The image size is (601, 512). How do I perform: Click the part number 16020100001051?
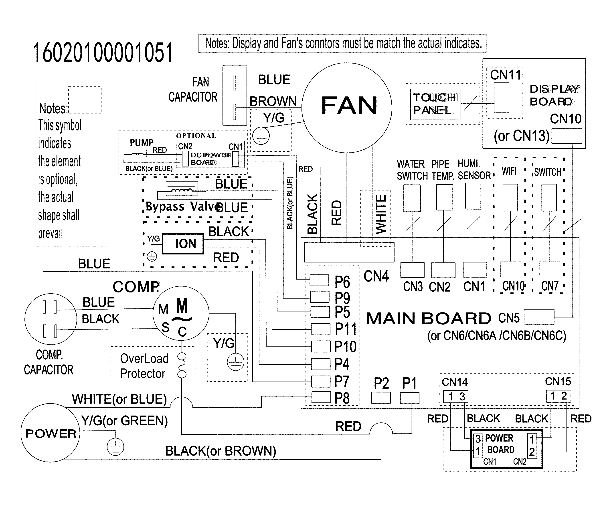(x=103, y=53)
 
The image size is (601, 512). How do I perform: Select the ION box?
(x=183, y=244)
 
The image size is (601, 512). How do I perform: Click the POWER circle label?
(x=51, y=434)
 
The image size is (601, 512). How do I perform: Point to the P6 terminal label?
(x=342, y=281)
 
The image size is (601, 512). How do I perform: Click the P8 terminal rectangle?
(x=321, y=397)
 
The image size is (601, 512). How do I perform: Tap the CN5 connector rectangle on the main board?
(x=539, y=317)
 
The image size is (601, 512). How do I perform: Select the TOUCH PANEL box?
(x=435, y=104)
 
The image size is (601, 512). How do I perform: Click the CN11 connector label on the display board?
(x=506, y=75)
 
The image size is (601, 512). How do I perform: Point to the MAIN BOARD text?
(x=428, y=318)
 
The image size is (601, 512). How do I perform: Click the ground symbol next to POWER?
(x=115, y=447)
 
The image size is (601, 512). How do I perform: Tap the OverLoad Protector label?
(x=144, y=366)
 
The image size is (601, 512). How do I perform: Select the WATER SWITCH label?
(x=412, y=170)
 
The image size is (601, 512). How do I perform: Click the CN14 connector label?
(x=455, y=382)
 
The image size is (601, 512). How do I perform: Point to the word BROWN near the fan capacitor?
(x=273, y=101)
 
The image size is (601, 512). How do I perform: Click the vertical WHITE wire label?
(x=381, y=214)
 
